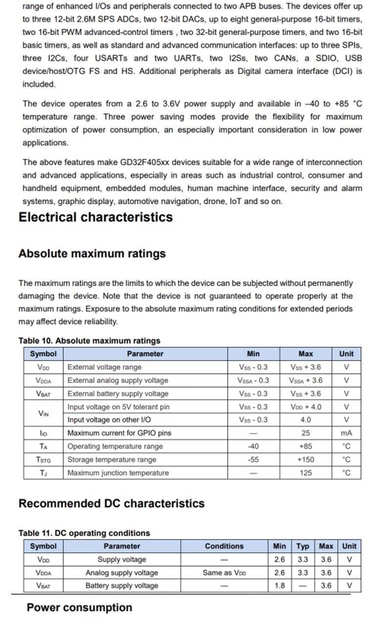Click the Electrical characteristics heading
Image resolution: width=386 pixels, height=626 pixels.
pos(95,217)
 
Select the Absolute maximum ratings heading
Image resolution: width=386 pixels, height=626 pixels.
pos(92,254)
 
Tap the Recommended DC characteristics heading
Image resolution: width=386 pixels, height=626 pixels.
pos(111,503)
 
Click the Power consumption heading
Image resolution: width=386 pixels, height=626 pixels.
pos(79,607)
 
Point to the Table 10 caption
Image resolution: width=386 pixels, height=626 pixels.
pos(89,341)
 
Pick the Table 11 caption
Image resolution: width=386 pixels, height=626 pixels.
pos(84,533)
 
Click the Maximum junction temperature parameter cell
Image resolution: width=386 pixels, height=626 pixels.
pos(118,473)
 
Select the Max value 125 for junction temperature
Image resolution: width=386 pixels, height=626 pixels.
pos(305,473)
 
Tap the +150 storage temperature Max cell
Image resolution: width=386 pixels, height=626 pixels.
pos(305,459)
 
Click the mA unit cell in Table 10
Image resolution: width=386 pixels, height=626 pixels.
pos(346,433)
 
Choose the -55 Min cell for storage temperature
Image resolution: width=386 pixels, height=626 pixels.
pos(253,459)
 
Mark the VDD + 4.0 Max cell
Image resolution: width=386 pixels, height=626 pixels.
pos(305,407)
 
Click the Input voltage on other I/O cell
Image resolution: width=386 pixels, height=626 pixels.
pos(109,420)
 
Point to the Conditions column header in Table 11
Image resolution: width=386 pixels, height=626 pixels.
pos(224,546)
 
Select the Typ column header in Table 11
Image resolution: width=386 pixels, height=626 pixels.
pos(303,546)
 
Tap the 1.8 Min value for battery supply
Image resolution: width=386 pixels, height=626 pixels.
pos(279,585)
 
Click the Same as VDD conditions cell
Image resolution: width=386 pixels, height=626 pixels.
pos(224,572)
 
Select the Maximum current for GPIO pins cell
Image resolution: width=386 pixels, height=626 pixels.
pos(119,433)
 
